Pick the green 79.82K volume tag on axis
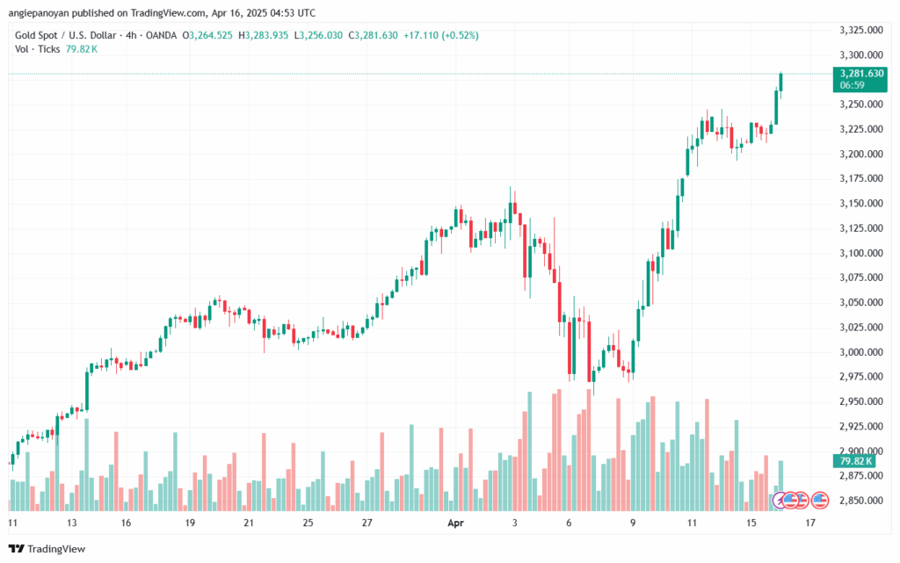[x=852, y=461]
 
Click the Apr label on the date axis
[x=454, y=522]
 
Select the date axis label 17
[x=810, y=522]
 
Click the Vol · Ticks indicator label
[x=37, y=48]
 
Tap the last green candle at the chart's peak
[x=781, y=82]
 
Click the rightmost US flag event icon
[x=820, y=500]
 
